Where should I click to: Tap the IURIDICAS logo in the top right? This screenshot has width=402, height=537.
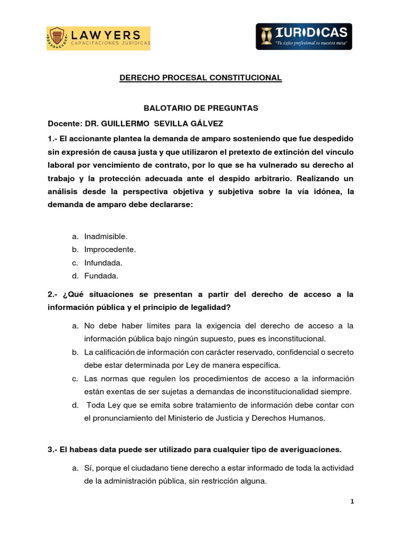[x=304, y=36]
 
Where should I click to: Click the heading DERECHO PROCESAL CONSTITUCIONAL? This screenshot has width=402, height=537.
[x=201, y=78]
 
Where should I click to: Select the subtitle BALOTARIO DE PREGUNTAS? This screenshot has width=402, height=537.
[x=201, y=108]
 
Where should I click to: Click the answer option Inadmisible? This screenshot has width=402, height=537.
[x=106, y=237]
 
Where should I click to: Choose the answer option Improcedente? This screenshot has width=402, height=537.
[x=110, y=250]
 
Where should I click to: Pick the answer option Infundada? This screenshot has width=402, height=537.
[x=103, y=263]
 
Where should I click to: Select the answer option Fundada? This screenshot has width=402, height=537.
[x=101, y=276]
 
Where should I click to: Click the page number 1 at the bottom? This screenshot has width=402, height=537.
[x=352, y=502]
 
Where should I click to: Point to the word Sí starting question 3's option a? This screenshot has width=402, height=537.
[x=88, y=467]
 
